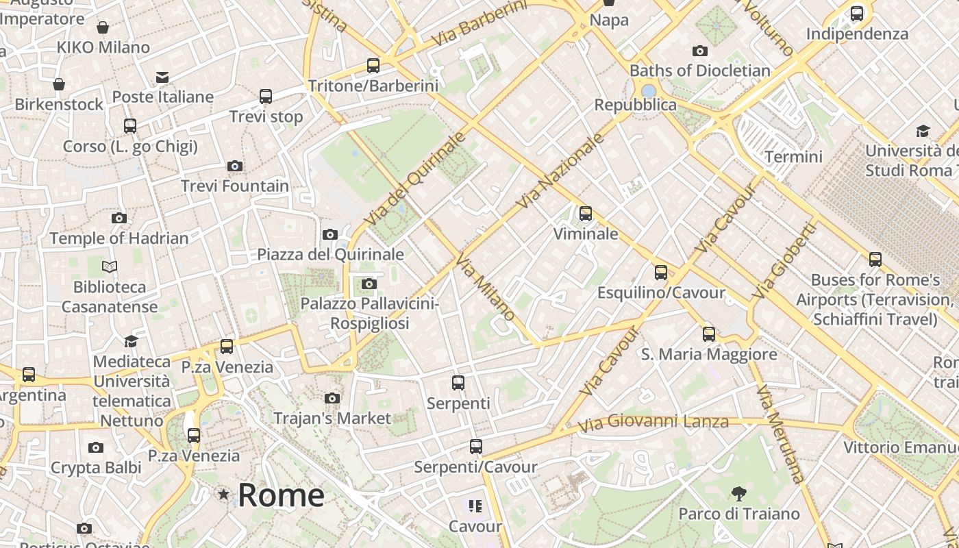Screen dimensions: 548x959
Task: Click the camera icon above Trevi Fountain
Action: tap(234, 166)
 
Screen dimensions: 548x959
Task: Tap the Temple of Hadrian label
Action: tap(119, 238)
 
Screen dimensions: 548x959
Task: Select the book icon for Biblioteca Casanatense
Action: tap(110, 266)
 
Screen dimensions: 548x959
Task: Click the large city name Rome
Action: tap(281, 495)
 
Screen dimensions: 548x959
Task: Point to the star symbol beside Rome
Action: tap(223, 494)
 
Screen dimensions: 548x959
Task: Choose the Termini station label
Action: tap(793, 156)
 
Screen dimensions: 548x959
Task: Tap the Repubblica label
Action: tap(635, 105)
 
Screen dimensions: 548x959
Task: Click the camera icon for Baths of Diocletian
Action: tap(699, 51)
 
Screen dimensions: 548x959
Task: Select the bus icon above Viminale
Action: tap(585, 214)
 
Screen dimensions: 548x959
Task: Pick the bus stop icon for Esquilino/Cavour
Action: tap(660, 273)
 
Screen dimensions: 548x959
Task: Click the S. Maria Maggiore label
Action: tap(709, 354)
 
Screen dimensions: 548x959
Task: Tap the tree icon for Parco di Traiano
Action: tap(738, 493)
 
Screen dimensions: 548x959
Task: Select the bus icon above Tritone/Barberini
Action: tap(373, 66)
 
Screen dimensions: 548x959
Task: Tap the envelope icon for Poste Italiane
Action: tap(162, 77)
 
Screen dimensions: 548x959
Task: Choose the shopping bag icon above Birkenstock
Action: tap(59, 84)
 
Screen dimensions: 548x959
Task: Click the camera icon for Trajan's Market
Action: tap(332, 398)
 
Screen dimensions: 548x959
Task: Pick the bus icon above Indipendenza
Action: tap(856, 14)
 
